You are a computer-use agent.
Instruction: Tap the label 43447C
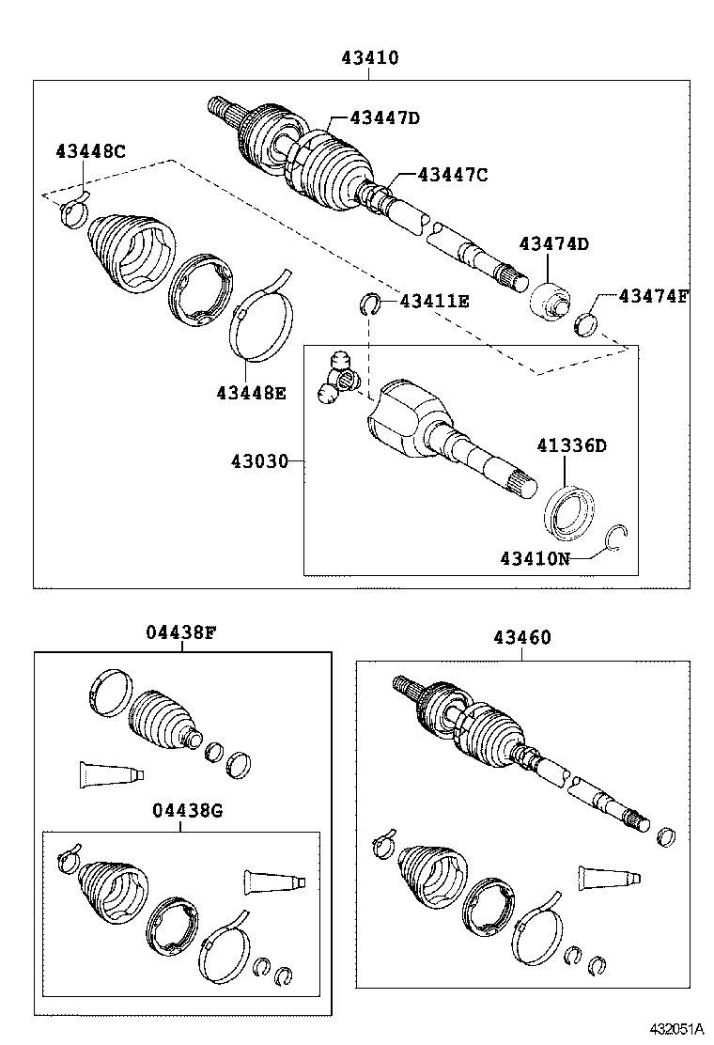click(453, 174)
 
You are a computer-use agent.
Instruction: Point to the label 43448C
click(89, 151)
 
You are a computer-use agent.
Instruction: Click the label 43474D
click(553, 244)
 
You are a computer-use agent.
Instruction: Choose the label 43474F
click(653, 297)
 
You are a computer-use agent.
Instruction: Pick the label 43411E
click(434, 302)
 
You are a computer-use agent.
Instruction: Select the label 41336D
click(571, 445)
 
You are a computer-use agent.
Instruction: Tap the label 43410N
click(535, 557)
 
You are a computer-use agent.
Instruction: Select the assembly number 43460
click(522, 638)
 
